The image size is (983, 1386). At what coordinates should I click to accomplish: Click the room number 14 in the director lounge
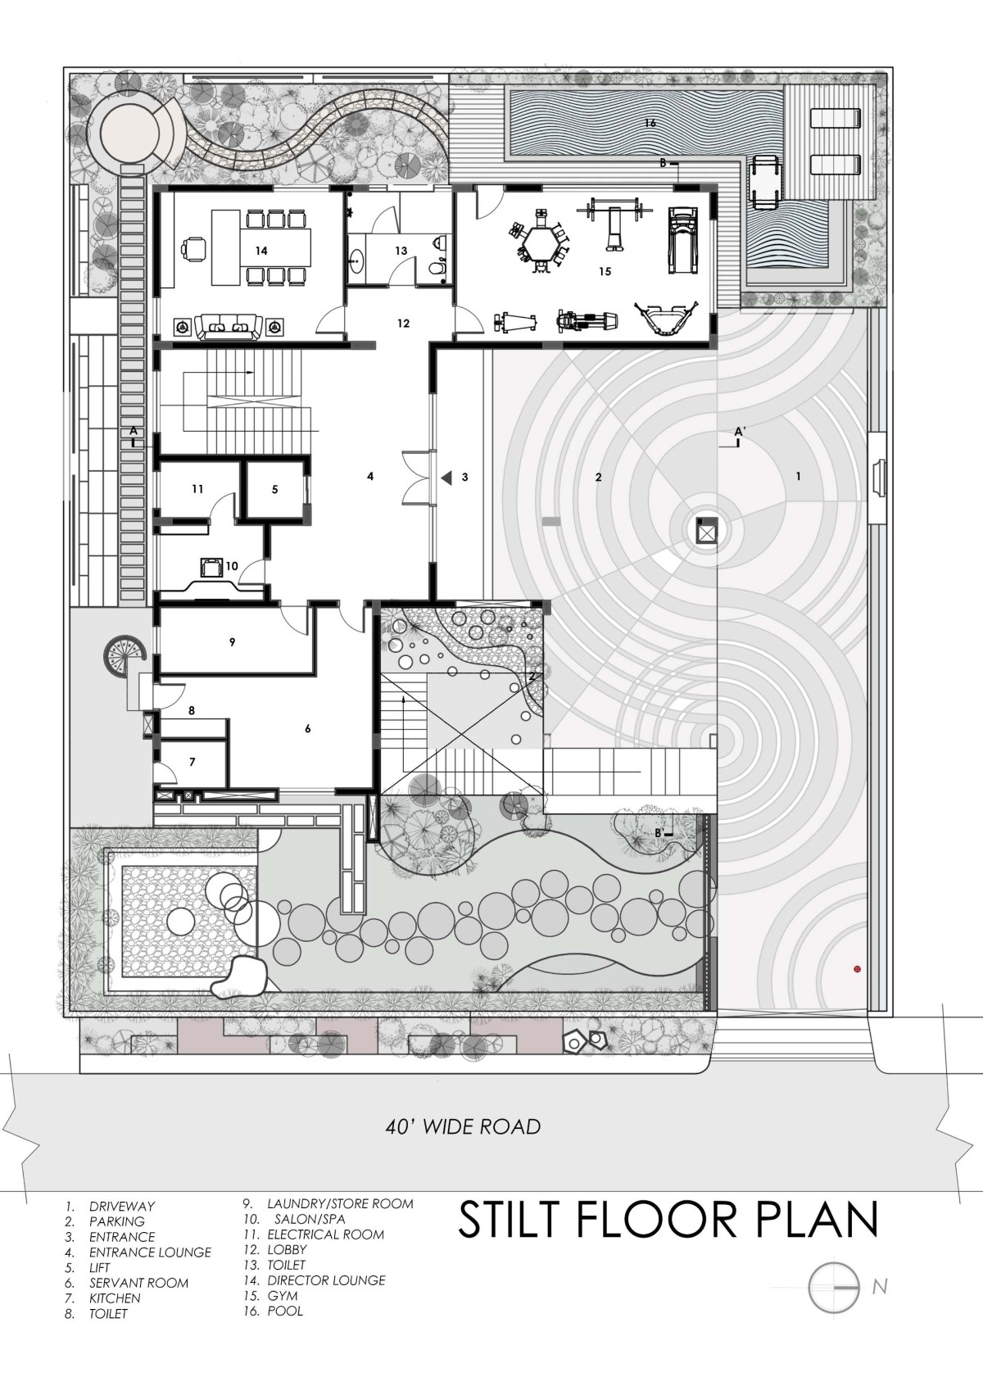point(261,251)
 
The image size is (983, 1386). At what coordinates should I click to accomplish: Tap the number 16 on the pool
point(650,123)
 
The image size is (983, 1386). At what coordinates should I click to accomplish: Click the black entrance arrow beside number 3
point(446,478)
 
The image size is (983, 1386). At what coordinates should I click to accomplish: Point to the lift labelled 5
point(274,489)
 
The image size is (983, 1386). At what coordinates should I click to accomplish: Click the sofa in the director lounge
point(227,327)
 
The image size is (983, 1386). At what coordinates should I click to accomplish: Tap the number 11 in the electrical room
point(197,489)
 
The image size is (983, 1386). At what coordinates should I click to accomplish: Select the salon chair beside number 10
point(211,567)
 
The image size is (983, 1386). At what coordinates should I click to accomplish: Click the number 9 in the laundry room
point(232,642)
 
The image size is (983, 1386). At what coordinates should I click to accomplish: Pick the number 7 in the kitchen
point(193,762)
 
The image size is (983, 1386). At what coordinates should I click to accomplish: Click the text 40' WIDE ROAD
point(463,1127)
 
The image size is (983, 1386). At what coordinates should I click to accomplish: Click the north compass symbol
point(834,1287)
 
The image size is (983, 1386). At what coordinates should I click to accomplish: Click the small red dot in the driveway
point(857,969)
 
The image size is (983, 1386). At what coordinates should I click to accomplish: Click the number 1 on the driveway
point(798,477)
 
